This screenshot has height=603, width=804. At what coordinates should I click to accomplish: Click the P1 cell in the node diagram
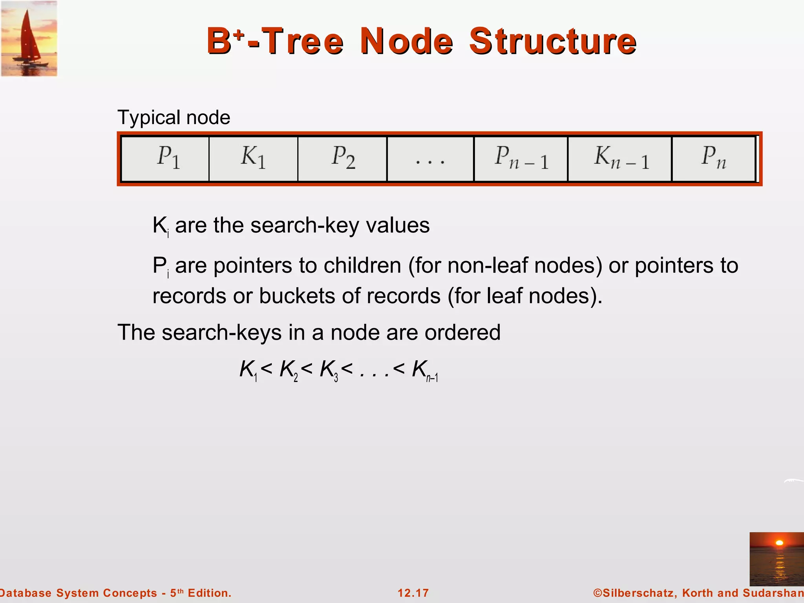tap(165, 159)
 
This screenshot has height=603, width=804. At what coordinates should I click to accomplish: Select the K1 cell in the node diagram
tap(253, 159)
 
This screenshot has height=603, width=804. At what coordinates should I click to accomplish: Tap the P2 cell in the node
tap(342, 159)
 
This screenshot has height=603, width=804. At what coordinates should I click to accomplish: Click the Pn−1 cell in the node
tap(521, 159)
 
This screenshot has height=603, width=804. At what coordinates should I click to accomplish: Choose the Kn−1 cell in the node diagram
tap(620, 159)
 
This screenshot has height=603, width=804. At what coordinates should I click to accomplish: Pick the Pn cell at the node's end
tap(713, 159)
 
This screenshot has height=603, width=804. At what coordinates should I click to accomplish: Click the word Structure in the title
tap(553, 41)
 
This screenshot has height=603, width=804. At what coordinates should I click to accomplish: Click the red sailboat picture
tap(29, 38)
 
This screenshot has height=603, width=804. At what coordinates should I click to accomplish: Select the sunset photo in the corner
tap(777, 559)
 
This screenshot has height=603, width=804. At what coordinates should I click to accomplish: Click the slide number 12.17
tap(413, 593)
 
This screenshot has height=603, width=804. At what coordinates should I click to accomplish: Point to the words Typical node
tap(174, 117)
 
